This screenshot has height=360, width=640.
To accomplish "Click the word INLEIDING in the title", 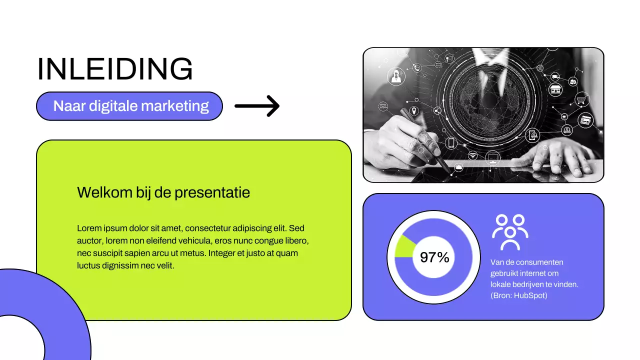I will [115, 69].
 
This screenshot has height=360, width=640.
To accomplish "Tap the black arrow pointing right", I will [257, 106].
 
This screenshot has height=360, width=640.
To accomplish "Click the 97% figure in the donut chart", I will [434, 257].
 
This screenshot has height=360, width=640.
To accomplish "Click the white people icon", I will [510, 232].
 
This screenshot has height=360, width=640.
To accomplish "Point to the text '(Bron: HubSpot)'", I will [519, 295].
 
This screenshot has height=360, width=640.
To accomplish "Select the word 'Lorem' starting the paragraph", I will [88, 228].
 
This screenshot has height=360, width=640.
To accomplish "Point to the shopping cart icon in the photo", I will [581, 99].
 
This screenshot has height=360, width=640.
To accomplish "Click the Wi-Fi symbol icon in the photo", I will [472, 155].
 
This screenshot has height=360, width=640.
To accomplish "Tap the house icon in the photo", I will [555, 90].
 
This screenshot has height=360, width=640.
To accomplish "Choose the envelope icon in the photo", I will [383, 106].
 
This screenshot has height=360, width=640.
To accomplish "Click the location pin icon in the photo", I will [414, 110].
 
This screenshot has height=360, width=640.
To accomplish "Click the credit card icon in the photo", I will [585, 120].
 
